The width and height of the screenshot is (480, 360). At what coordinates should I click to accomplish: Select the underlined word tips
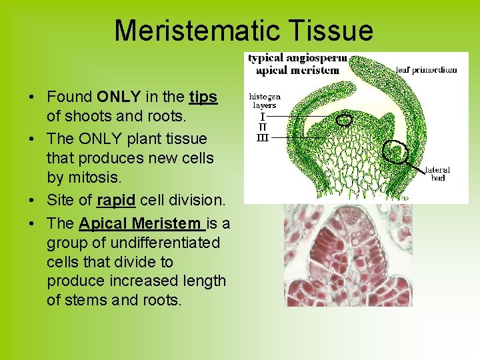pos(203,97)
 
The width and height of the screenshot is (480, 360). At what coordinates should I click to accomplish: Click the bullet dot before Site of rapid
pos(32,201)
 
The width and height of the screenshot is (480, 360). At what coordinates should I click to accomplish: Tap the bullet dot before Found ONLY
pos(32,97)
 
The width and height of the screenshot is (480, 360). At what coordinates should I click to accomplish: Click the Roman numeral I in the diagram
pos(262,116)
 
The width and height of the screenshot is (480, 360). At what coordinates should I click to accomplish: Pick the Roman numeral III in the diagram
pos(262,137)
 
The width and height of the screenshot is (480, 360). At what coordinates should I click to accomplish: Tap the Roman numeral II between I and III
pos(262,127)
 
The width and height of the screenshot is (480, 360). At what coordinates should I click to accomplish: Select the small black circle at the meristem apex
pos(344,120)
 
